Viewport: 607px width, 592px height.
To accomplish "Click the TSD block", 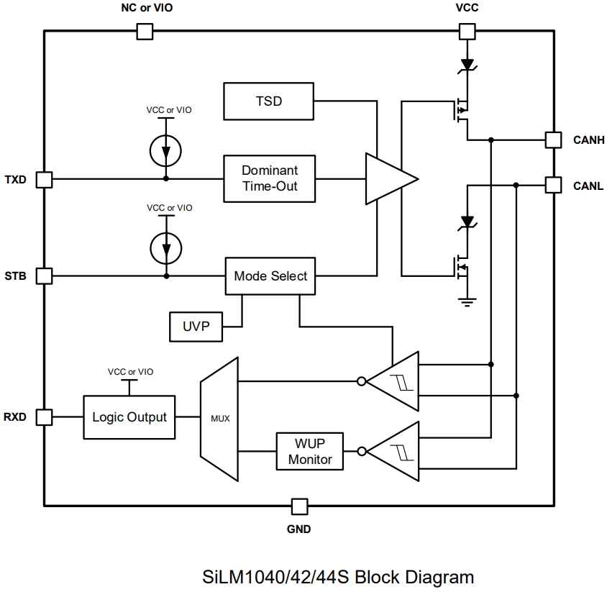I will pyautogui.click(x=269, y=101).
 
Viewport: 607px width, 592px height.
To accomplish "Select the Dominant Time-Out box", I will pyautogui.click(x=269, y=178).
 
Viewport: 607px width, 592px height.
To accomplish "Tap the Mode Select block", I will pyautogui.click(x=270, y=275).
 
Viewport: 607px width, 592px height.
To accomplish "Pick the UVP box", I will pyautogui.click(x=196, y=326).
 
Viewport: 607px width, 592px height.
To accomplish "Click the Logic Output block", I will pyautogui.click(x=129, y=417).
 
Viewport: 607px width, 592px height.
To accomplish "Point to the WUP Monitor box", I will pyautogui.click(x=310, y=452).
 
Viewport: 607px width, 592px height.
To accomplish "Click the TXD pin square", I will pyautogui.click(x=44, y=179).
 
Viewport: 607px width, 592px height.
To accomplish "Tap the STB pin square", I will pyautogui.click(x=44, y=275).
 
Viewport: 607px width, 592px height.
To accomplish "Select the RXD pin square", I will pyautogui.click(x=44, y=417).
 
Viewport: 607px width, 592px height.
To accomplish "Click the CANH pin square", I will pyautogui.click(x=552, y=140).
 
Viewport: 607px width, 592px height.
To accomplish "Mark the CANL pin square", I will pyautogui.click(x=552, y=186).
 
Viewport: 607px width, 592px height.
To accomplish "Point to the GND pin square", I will pyautogui.click(x=299, y=506).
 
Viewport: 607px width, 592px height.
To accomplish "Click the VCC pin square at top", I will pyautogui.click(x=467, y=31).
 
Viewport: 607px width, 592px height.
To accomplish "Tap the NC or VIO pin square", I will pyautogui.click(x=145, y=31).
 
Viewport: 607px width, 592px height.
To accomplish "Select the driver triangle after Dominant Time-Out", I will pyautogui.click(x=389, y=178).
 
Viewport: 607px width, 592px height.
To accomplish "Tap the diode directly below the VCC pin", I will pyautogui.click(x=467, y=65).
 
